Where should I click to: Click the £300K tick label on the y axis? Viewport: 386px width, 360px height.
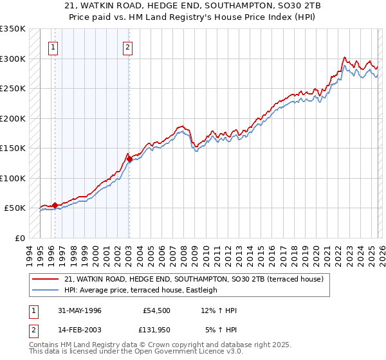[x=13, y=59]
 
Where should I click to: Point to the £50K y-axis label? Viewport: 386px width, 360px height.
[x=15, y=208]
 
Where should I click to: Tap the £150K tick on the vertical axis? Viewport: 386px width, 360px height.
[x=13, y=148]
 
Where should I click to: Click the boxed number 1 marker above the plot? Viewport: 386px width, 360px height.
[x=53, y=46]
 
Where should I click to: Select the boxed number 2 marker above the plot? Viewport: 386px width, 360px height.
[x=128, y=46]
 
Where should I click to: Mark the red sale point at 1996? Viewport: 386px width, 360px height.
[x=55, y=205]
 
